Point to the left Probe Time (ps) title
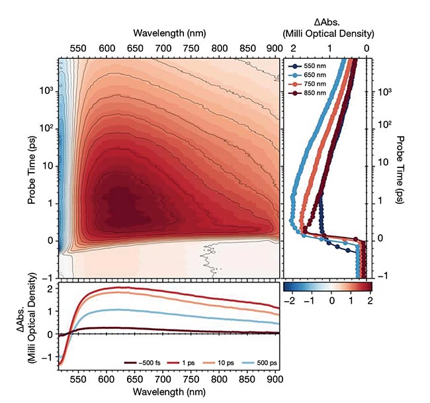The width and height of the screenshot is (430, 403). tap(32, 167)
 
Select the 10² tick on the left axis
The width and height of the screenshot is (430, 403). tap(47, 124)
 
